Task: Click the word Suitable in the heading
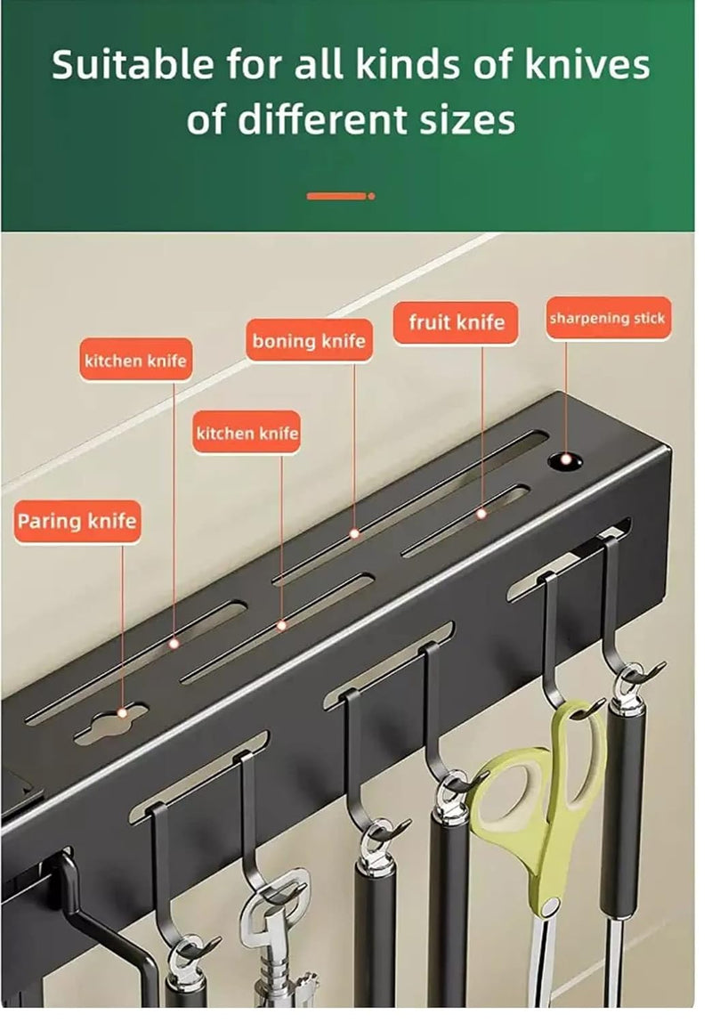tap(133, 65)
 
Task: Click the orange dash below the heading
tap(336, 197)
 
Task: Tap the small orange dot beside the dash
tap(372, 197)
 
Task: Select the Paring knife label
tap(77, 521)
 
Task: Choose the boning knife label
tap(309, 341)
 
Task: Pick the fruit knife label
tap(456, 322)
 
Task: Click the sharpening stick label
tap(608, 319)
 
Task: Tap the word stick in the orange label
tap(649, 319)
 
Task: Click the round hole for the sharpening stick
tap(564, 461)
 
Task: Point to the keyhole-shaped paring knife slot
tap(111, 724)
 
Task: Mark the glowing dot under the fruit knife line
tap(481, 514)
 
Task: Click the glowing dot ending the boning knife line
tap(355, 533)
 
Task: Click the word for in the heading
tap(255, 65)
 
